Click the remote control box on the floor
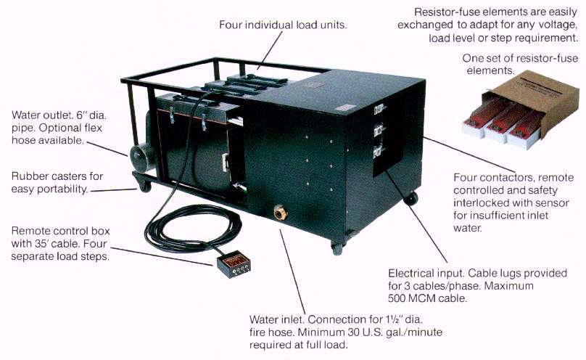coord(234,265)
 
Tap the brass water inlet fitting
coord(280,213)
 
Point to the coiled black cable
coord(193,228)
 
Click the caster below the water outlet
coord(144,185)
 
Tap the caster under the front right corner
coord(337,248)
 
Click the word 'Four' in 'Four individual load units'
coord(230,25)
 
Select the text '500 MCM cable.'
coord(428,298)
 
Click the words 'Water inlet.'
coord(278,319)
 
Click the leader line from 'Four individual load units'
coord(270,50)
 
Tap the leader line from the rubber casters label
coord(114,190)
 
